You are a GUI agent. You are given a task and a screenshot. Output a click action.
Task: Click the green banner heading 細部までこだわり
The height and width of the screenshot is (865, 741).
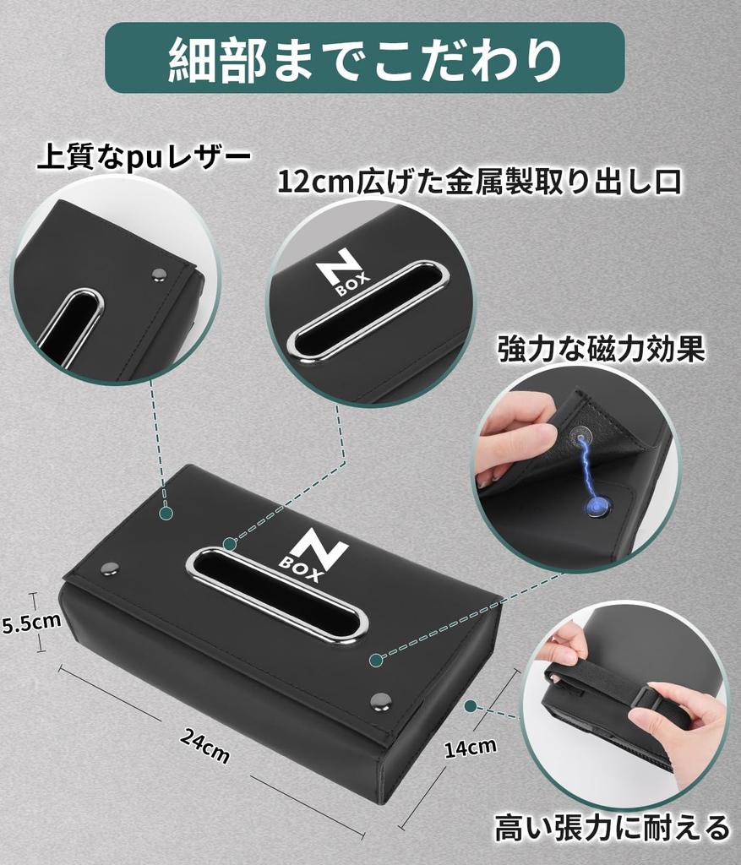[364, 57]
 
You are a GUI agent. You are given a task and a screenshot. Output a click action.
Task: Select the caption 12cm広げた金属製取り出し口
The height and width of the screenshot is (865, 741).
[479, 182]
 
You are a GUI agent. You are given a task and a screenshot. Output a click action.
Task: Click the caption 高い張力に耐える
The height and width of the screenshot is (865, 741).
[613, 826]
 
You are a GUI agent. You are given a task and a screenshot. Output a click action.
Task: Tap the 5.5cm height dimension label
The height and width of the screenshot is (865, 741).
[30, 623]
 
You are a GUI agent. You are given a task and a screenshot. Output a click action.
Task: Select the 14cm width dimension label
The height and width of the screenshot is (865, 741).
[471, 746]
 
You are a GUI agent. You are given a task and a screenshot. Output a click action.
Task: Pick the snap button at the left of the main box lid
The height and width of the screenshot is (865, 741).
[110, 569]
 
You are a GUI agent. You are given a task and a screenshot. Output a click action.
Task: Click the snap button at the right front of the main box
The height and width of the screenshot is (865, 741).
[381, 700]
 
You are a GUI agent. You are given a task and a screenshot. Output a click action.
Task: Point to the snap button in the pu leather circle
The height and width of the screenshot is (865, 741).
[158, 275]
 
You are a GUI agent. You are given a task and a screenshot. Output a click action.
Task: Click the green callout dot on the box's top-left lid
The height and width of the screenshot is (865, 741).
[166, 513]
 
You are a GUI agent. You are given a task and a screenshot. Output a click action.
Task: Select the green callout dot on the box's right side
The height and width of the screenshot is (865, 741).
[471, 705]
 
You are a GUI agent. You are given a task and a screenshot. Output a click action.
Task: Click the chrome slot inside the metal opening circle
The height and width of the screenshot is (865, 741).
[367, 312]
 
